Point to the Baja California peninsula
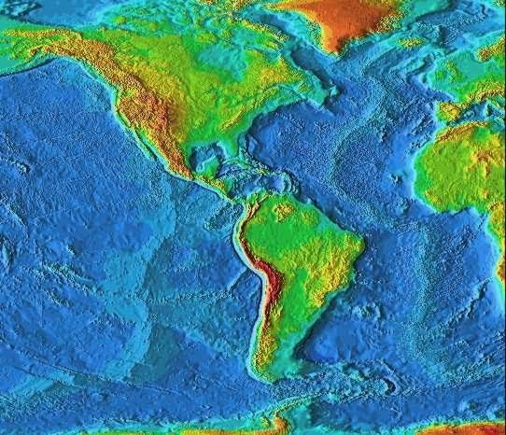tap(140, 136)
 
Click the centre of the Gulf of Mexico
tap(210, 150)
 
